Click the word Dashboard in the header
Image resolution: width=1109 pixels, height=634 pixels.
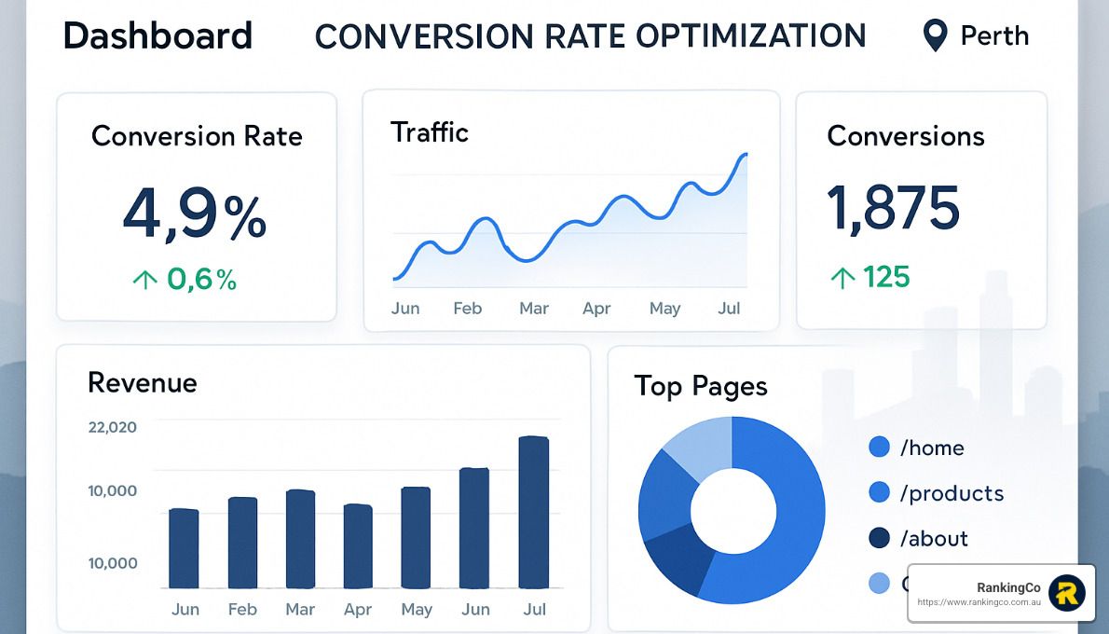pyautogui.click(x=157, y=36)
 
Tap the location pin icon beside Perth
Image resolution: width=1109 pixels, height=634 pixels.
pyautogui.click(x=934, y=36)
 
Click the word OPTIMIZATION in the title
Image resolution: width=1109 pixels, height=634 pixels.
pyautogui.click(x=751, y=36)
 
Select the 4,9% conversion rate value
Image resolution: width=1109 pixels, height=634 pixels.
pyautogui.click(x=195, y=214)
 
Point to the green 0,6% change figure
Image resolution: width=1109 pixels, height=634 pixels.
pyautogui.click(x=201, y=279)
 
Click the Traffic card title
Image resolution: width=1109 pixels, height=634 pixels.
pyautogui.click(x=429, y=132)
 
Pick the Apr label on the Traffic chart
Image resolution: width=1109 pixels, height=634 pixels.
pyautogui.click(x=596, y=309)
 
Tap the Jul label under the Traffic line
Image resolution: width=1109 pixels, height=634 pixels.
pyautogui.click(x=729, y=309)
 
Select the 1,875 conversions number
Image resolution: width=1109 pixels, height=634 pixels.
pyautogui.click(x=893, y=208)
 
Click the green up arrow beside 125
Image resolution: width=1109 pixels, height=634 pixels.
pyautogui.click(x=842, y=278)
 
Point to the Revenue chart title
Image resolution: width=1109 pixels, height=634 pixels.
pyautogui.click(x=142, y=382)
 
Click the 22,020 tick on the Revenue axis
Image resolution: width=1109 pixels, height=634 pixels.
pyautogui.click(x=112, y=428)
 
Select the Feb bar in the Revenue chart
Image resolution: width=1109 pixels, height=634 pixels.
pyautogui.click(x=242, y=543)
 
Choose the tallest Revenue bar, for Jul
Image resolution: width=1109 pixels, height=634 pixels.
pyautogui.click(x=534, y=512)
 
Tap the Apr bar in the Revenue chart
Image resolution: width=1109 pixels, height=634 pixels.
pyautogui.click(x=358, y=546)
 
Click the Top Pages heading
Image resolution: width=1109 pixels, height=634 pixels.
pyautogui.click(x=700, y=386)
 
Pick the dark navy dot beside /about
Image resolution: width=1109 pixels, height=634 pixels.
pyautogui.click(x=879, y=538)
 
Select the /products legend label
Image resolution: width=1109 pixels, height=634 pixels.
pyautogui.click(x=952, y=493)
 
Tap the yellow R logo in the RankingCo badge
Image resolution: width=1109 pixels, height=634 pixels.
pyautogui.click(x=1067, y=593)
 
